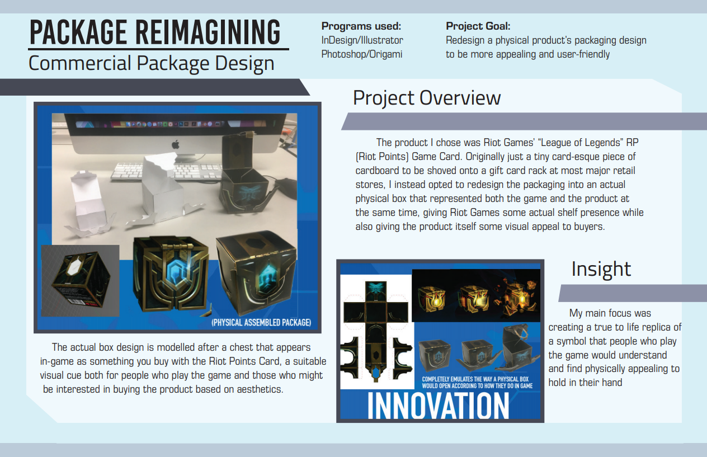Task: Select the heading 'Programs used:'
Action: pos(361,26)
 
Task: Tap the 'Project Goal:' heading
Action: pos(478,26)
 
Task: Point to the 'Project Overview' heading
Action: pos(427,98)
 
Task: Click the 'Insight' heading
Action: pos(601,269)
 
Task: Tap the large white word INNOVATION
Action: pos(438,406)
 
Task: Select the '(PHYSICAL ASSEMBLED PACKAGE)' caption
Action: pos(261,322)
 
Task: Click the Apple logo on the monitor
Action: pos(176,145)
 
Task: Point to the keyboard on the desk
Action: pos(167,172)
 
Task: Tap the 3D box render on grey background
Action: pos(80,281)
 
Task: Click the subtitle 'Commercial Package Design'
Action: pos(152,63)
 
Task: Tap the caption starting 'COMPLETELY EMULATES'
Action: pos(477,383)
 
